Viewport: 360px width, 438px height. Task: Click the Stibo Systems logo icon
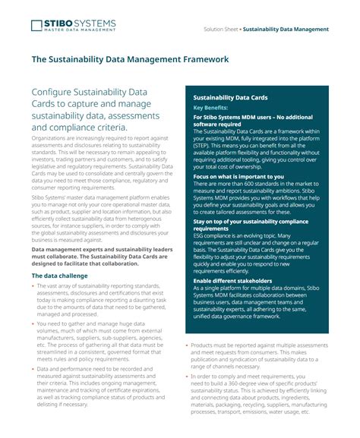point(37,26)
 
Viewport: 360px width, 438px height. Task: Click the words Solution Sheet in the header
point(222,29)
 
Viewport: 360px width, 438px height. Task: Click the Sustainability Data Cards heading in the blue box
point(230,98)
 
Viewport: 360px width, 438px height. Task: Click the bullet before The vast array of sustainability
point(33,286)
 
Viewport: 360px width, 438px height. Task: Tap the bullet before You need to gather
point(33,323)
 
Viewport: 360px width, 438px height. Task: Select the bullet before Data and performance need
point(33,368)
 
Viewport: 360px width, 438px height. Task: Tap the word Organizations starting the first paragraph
point(48,140)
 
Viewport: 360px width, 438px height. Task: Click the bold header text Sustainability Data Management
point(286,29)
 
